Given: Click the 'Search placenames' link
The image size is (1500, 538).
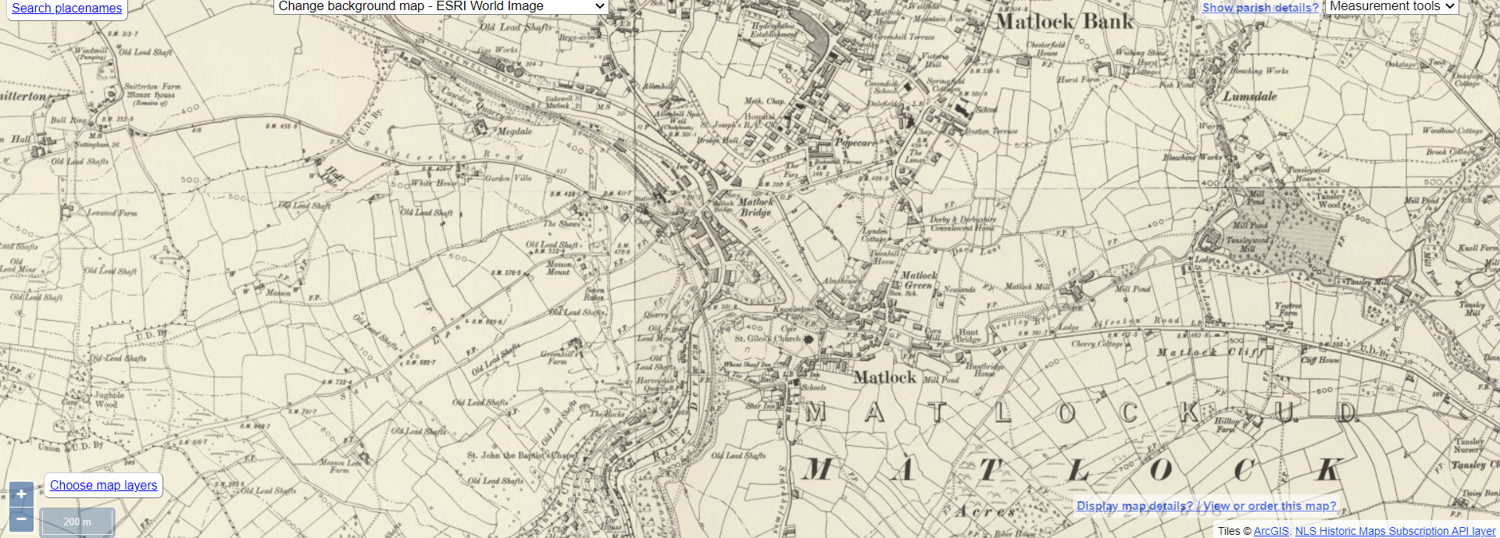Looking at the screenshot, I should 67,9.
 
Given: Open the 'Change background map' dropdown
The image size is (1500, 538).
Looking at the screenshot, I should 441,6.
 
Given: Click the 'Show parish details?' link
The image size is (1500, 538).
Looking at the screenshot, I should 1260,8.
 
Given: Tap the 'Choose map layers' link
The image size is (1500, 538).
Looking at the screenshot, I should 104,485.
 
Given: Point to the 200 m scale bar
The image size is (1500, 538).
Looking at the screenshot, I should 77,522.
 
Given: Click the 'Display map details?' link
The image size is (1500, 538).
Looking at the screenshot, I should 1134,506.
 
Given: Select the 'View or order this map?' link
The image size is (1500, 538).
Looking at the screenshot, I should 1270,506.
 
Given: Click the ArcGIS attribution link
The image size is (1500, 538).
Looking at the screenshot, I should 1271,531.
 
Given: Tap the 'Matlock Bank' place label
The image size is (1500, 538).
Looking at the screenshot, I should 1064,22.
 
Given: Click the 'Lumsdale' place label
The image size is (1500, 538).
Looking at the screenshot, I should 1250,97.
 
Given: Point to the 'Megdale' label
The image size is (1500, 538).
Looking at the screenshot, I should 515,131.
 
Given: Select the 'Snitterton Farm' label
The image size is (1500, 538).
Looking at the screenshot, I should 152,87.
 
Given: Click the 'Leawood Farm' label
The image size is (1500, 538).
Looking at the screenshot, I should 112,212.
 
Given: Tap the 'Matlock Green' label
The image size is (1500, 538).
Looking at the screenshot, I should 918,280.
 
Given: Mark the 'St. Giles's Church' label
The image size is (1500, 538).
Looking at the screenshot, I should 768,339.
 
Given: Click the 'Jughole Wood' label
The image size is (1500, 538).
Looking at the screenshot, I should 108,400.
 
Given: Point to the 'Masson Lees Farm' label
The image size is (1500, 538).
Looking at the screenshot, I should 341,466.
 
